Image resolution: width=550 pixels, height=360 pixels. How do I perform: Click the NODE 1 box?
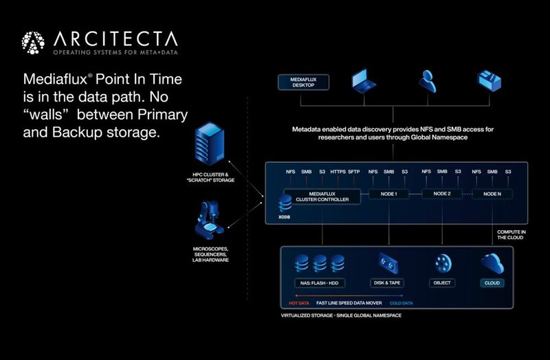coord(389,194)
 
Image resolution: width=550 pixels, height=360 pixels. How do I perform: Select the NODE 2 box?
coord(442,194)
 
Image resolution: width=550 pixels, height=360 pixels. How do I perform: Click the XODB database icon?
coord(285,203)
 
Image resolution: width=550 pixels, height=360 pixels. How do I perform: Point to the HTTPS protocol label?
coord(338,172)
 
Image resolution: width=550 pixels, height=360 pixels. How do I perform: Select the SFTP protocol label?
coord(355,172)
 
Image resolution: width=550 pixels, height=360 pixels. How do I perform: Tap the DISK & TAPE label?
coord(388,282)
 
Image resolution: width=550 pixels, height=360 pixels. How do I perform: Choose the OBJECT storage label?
coord(443,282)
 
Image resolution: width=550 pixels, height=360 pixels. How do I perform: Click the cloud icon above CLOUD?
coord(492,262)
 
